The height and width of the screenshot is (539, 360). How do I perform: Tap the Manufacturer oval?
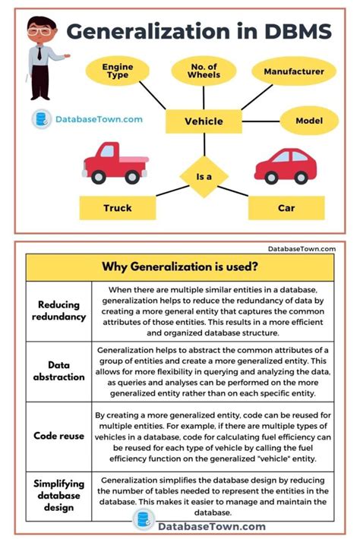click(298, 72)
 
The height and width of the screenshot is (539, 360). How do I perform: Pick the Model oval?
click(309, 121)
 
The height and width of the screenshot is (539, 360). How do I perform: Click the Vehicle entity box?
click(204, 121)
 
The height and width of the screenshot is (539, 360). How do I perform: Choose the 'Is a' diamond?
click(204, 177)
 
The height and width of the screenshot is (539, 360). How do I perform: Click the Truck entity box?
click(117, 206)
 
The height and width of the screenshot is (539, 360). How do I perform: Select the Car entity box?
click(286, 206)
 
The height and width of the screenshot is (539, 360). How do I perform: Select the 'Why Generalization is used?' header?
click(179, 266)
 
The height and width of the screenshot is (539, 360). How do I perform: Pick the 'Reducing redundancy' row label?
click(58, 310)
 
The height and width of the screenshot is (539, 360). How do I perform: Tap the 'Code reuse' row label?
click(58, 436)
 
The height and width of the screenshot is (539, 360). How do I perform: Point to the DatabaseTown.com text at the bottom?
click(211, 525)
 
